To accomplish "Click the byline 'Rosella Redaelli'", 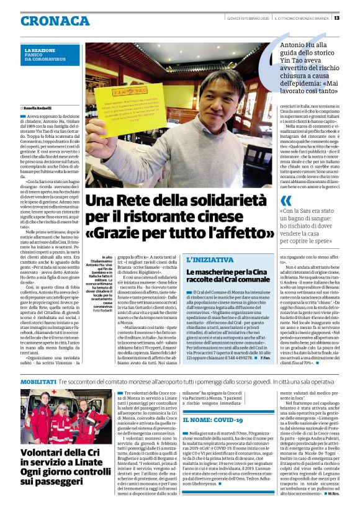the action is coord(38,107).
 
